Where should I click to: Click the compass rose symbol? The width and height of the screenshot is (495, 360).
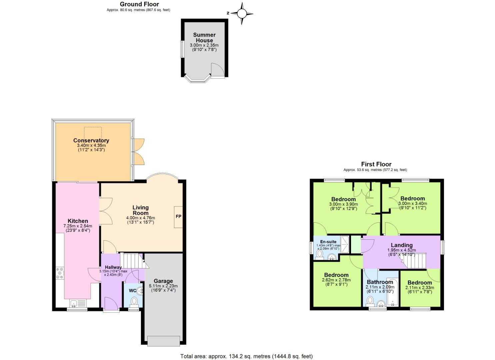tap(242, 14)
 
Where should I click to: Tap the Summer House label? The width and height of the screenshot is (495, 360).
tap(204, 37)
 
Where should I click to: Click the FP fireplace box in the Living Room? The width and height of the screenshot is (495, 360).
tap(178, 217)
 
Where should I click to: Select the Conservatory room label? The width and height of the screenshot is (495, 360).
tap(91, 140)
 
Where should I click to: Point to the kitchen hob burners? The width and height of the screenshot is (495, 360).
tap(60, 273)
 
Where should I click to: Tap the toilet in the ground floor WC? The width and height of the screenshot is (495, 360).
tap(134, 301)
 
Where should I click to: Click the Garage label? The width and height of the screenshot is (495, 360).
tap(163, 281)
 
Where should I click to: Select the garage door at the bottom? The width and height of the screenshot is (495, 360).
tap(163, 341)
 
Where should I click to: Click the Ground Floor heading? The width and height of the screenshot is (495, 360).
tap(139, 4)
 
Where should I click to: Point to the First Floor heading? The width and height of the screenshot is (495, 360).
tap(376, 164)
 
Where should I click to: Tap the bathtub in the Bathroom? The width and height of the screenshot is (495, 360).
tap(392, 292)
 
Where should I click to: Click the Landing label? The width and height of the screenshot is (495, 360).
tap(402, 245)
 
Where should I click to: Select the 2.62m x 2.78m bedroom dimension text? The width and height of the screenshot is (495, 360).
tap(336, 280)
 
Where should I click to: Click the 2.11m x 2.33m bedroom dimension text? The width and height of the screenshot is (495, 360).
tap(420, 288)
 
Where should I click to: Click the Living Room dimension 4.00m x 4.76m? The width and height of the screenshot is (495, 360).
tap(140, 218)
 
